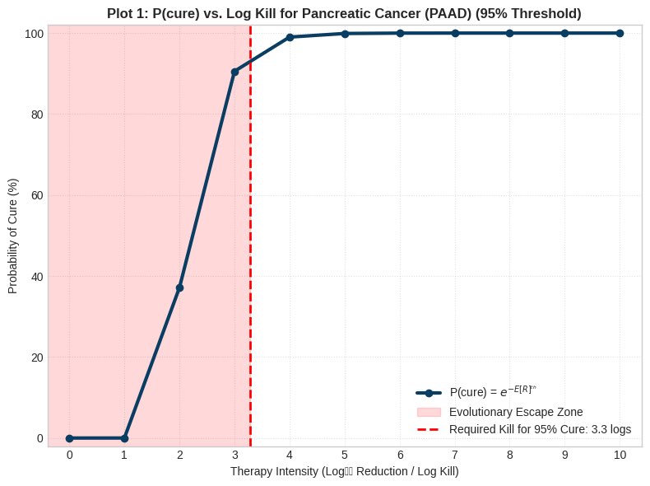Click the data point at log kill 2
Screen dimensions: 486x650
coord(179,287)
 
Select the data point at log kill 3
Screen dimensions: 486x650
coord(234,72)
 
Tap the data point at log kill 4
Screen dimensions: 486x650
coord(290,37)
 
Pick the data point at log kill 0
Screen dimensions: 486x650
coord(69,438)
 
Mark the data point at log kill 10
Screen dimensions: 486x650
coord(620,33)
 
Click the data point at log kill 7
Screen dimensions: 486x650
coord(455,33)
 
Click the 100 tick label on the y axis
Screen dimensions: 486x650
coord(33,33)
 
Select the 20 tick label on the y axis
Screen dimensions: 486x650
coord(36,357)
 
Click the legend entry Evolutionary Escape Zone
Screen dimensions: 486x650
coord(522,411)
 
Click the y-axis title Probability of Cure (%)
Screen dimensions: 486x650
coord(14,236)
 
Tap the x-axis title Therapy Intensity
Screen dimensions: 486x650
coord(344,472)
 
